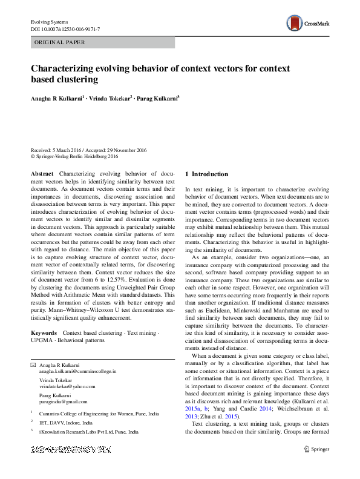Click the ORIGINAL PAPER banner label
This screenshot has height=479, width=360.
point(59,43)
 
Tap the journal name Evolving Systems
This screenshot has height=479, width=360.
point(50,22)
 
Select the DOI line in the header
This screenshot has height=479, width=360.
point(65,29)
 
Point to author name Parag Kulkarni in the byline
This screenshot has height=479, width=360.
point(160,97)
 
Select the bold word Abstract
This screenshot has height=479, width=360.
point(41,174)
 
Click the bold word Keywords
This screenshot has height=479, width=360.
point(44,333)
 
